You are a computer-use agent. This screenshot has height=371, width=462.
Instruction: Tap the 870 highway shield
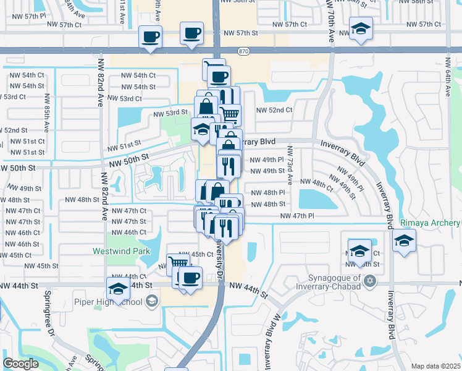tap(242, 50)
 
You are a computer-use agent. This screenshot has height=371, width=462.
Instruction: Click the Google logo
tap(20, 363)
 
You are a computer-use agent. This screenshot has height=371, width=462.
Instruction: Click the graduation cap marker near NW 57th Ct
tap(361, 28)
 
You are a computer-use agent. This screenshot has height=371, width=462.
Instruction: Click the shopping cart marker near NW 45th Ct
tap(178, 263)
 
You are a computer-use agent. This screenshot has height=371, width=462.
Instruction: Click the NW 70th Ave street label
tap(331, 25)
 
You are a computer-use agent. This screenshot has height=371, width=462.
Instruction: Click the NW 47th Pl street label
tap(298, 216)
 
